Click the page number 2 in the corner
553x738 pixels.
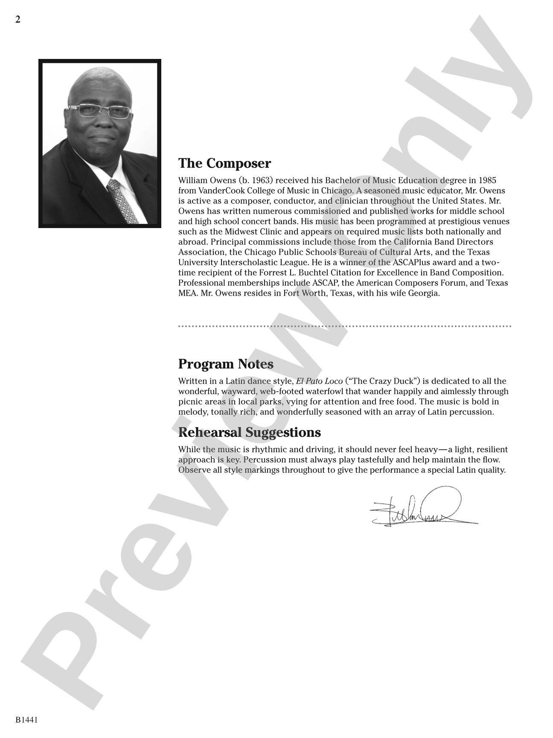click(18, 20)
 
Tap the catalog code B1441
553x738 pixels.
click(27, 720)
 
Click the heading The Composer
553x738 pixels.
click(224, 163)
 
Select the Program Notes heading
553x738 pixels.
click(226, 364)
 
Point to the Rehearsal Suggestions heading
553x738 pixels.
click(249, 432)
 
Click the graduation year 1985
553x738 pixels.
click(487, 180)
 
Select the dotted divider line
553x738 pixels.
click(344, 326)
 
